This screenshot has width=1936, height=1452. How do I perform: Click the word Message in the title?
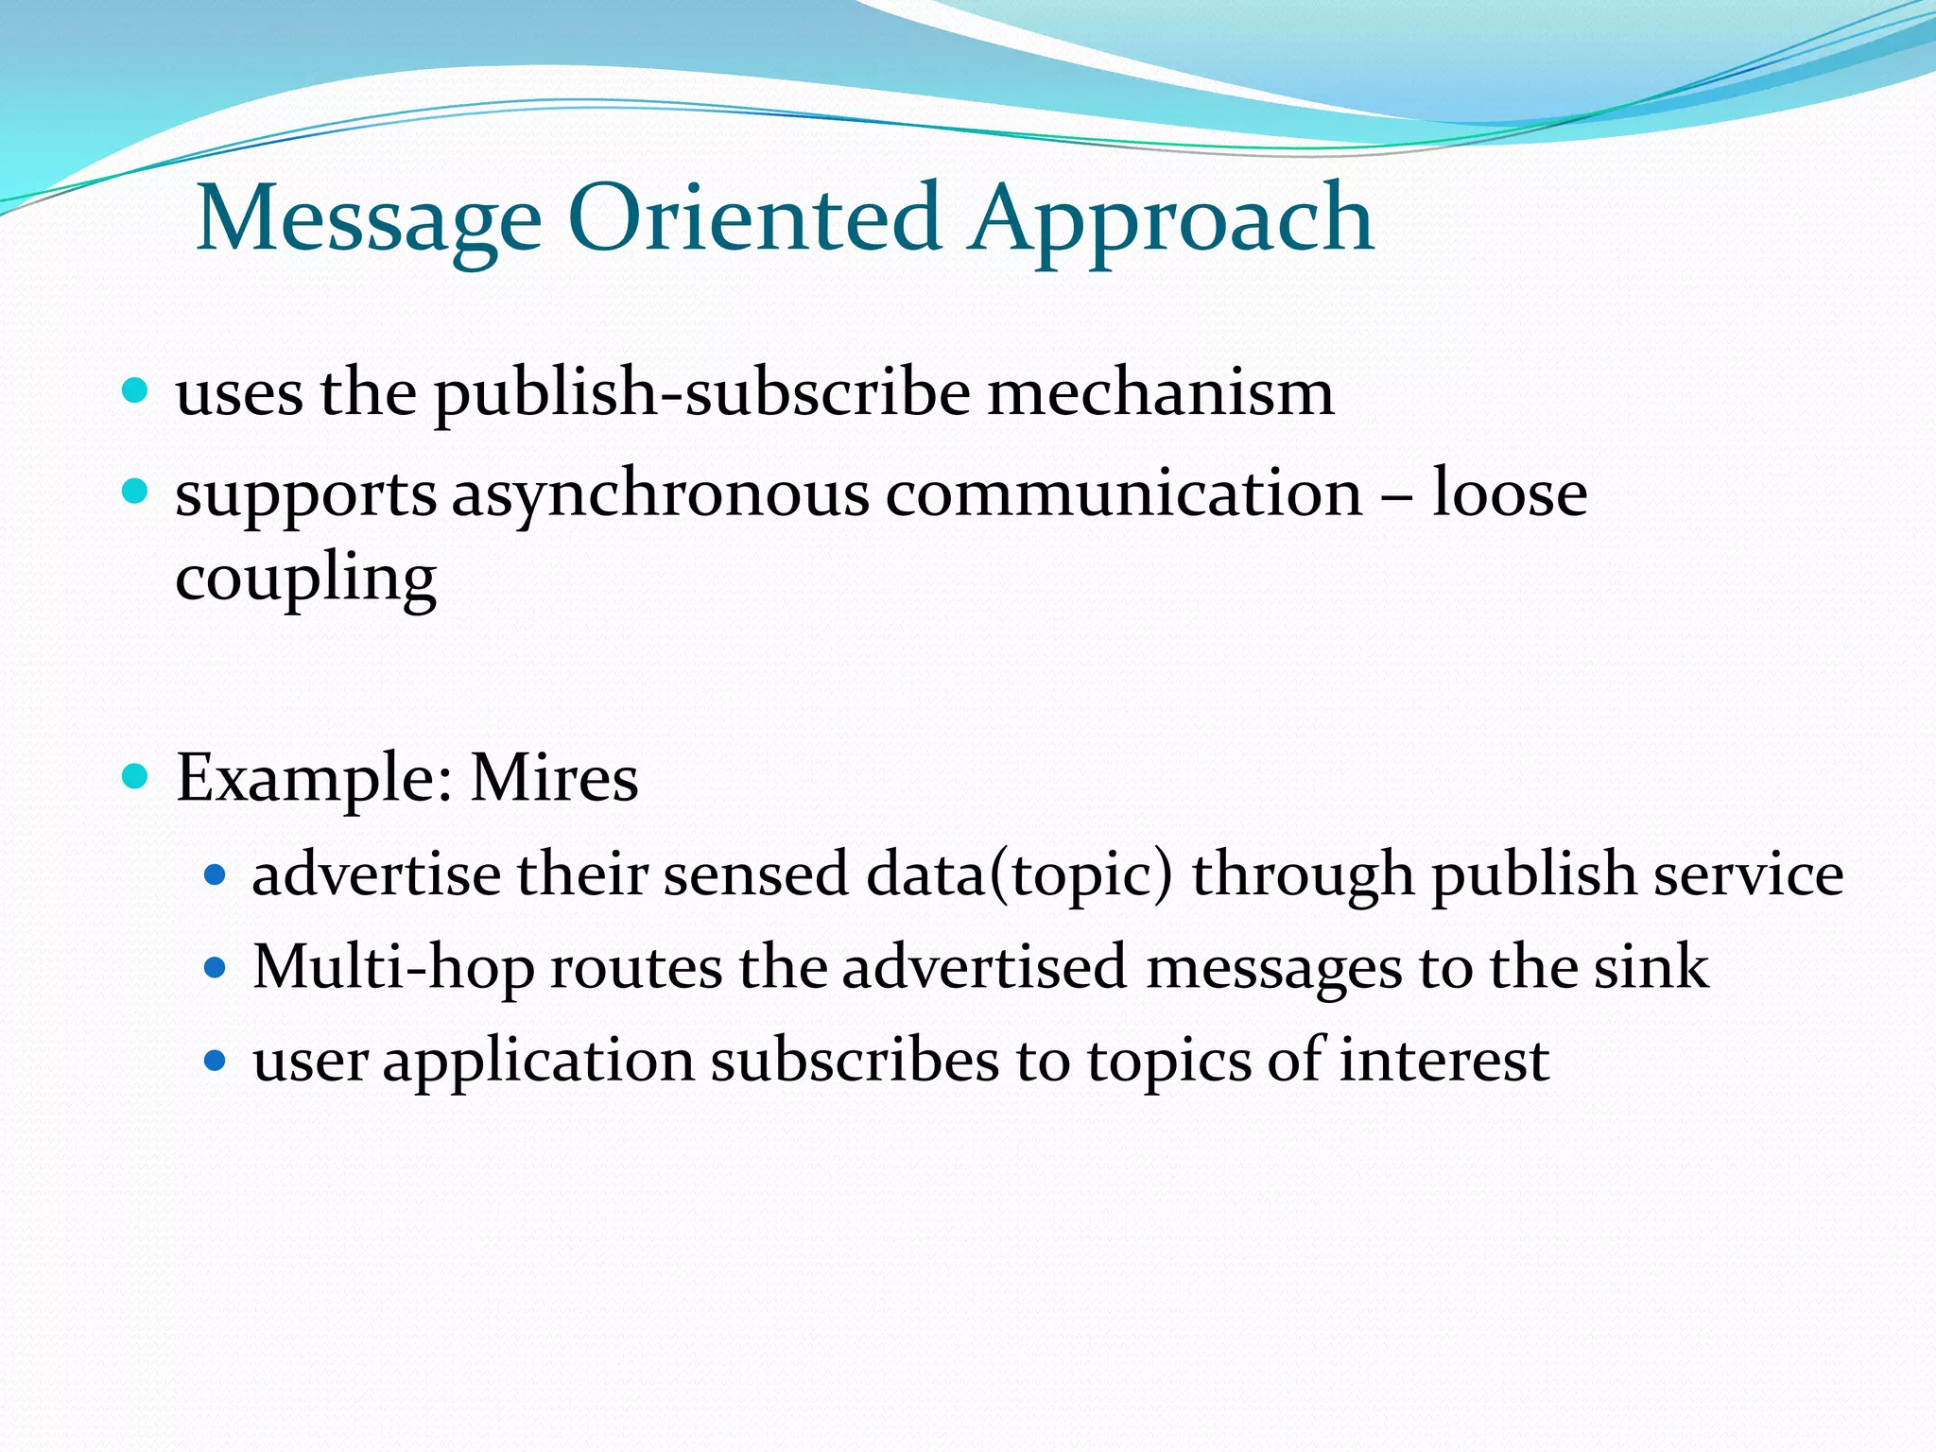[369, 219]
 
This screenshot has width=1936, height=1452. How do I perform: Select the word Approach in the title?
[1170, 219]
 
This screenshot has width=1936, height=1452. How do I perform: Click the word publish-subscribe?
[701, 392]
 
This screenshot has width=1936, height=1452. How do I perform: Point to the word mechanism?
[1160, 392]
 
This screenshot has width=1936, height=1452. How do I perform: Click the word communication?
[1123, 493]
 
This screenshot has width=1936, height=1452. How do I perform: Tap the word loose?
[1509, 493]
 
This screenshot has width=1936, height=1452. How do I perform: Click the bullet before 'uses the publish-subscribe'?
[136, 390]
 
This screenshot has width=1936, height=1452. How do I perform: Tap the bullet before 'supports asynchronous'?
[136, 492]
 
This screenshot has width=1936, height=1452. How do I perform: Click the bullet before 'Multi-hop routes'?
[216, 968]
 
